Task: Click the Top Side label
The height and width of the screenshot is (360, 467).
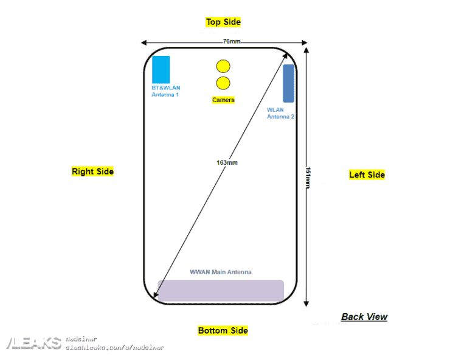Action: pyautogui.click(x=223, y=22)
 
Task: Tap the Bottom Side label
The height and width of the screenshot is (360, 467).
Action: pyautogui.click(x=223, y=331)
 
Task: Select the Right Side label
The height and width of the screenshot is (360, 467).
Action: pyautogui.click(x=92, y=171)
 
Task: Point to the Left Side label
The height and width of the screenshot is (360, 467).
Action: pyautogui.click(x=367, y=175)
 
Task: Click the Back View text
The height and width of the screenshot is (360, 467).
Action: pyautogui.click(x=364, y=316)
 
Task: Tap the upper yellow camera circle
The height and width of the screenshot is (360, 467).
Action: pyautogui.click(x=223, y=66)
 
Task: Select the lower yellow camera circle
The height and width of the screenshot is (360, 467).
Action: pyautogui.click(x=223, y=83)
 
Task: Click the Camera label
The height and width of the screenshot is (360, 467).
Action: pyautogui.click(x=223, y=100)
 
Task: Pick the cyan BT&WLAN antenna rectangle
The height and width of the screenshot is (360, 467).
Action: pyautogui.click(x=161, y=69)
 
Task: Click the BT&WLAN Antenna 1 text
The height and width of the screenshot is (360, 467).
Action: pyautogui.click(x=165, y=91)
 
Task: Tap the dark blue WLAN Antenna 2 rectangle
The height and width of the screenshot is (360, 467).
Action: pyautogui.click(x=289, y=83)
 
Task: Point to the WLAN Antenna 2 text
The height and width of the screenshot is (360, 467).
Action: pyautogui.click(x=280, y=114)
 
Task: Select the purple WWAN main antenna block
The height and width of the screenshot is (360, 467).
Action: pyautogui.click(x=221, y=291)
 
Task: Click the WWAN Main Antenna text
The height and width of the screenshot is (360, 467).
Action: pyautogui.click(x=221, y=272)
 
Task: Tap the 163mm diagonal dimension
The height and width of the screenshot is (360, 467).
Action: pyautogui.click(x=227, y=162)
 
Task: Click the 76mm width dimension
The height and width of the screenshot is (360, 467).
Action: pyautogui.click(x=231, y=41)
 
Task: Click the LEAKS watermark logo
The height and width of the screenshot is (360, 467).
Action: pyautogui.click(x=34, y=343)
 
